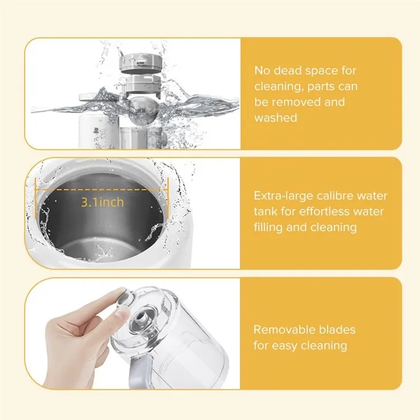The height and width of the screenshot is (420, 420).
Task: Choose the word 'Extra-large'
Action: click(285, 196)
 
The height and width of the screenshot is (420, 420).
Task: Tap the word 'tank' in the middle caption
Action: click(266, 212)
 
